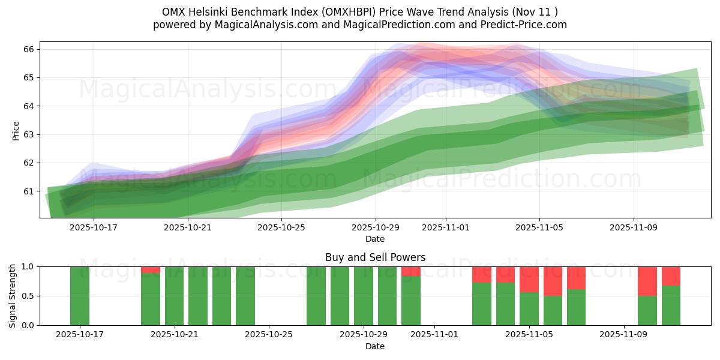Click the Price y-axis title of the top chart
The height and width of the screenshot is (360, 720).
coord(16,130)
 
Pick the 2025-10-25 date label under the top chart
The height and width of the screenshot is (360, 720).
coord(283,227)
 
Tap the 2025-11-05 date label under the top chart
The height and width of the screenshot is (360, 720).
coord(539,227)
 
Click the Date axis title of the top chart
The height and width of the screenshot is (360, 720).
coord(375,239)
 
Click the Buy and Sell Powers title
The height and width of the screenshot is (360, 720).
coord(375,257)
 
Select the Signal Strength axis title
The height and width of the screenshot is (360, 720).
coord(13,295)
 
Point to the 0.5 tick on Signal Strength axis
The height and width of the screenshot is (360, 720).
coord(29,296)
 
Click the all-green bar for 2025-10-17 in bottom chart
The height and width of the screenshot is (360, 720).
coord(80,296)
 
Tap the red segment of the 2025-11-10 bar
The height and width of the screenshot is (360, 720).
coord(647,281)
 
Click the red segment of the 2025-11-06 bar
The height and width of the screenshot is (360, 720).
coord(553,281)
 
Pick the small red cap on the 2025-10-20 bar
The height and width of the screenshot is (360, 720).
coord(151,270)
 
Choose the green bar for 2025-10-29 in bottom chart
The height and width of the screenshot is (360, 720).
coord(364,296)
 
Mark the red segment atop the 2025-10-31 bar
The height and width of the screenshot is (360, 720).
coord(411,271)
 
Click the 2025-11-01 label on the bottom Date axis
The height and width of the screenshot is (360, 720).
coord(434,335)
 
